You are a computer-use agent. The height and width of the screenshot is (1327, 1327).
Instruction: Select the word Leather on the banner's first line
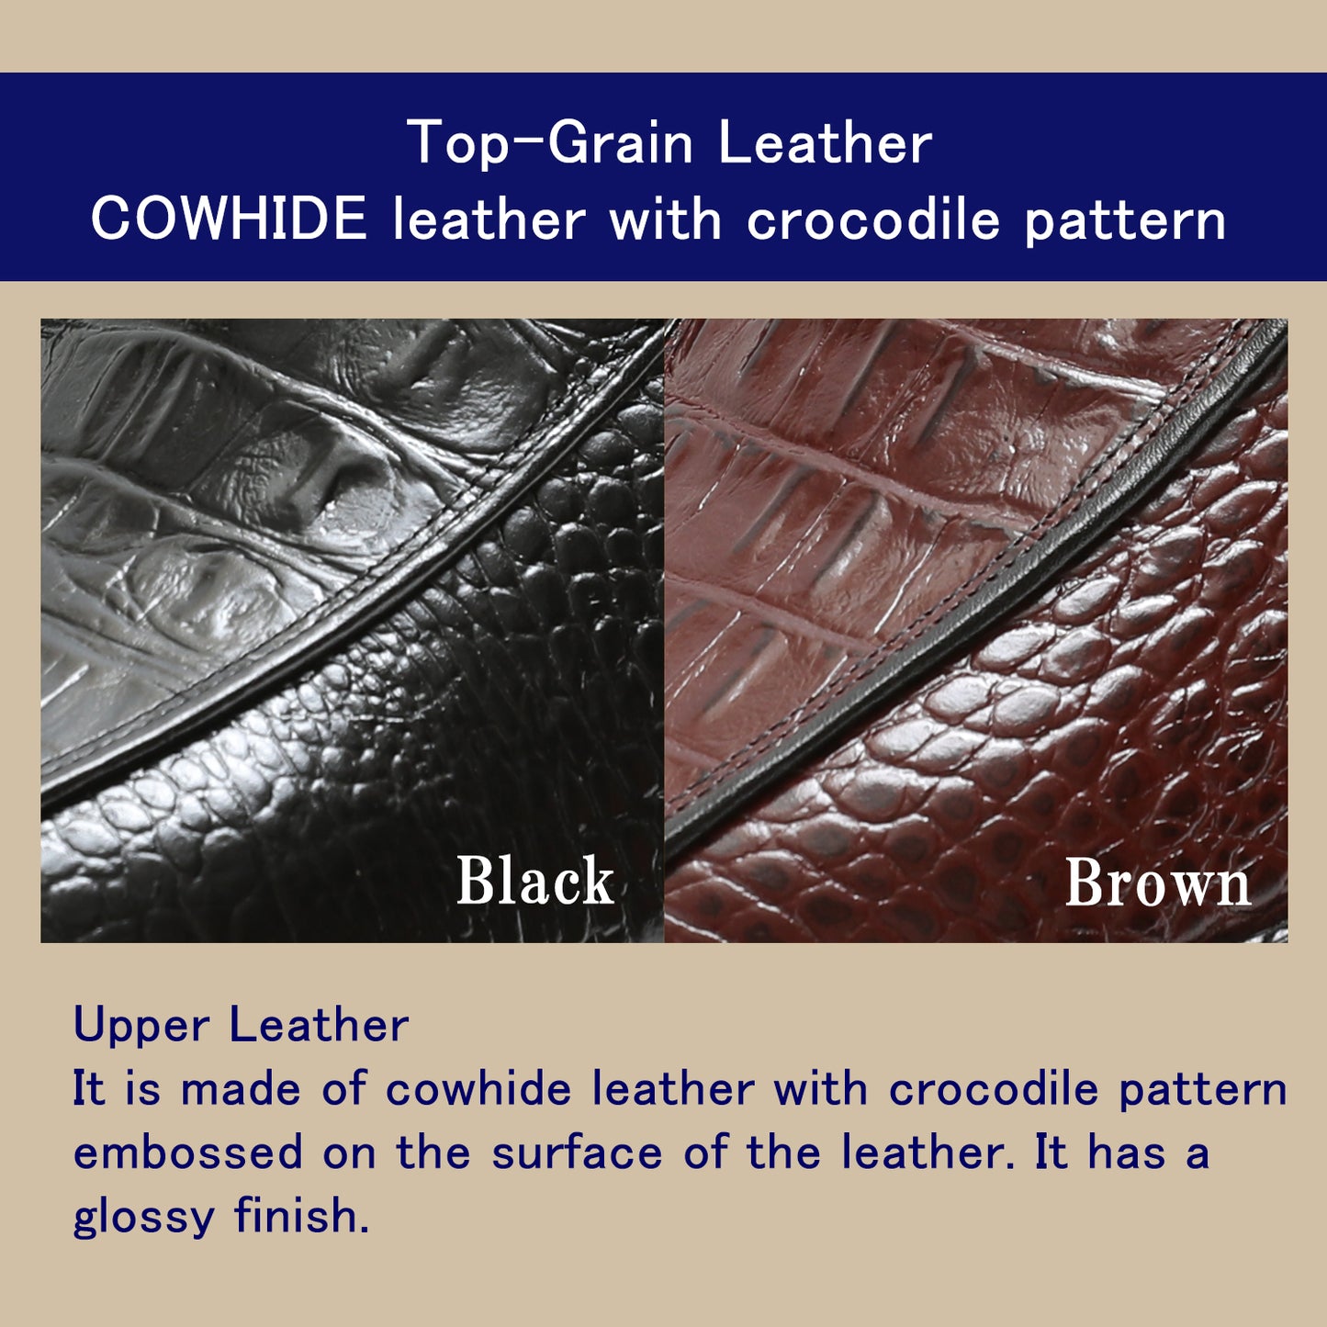pos(825,141)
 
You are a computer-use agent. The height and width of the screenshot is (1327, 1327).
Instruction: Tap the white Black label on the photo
pos(535,880)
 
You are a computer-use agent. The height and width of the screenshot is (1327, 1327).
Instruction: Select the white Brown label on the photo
pos(1158,883)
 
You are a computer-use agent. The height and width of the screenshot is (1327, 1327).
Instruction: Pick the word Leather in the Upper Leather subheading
pos(319,1025)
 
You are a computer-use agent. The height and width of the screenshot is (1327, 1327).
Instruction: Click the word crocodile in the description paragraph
pos(993,1089)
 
